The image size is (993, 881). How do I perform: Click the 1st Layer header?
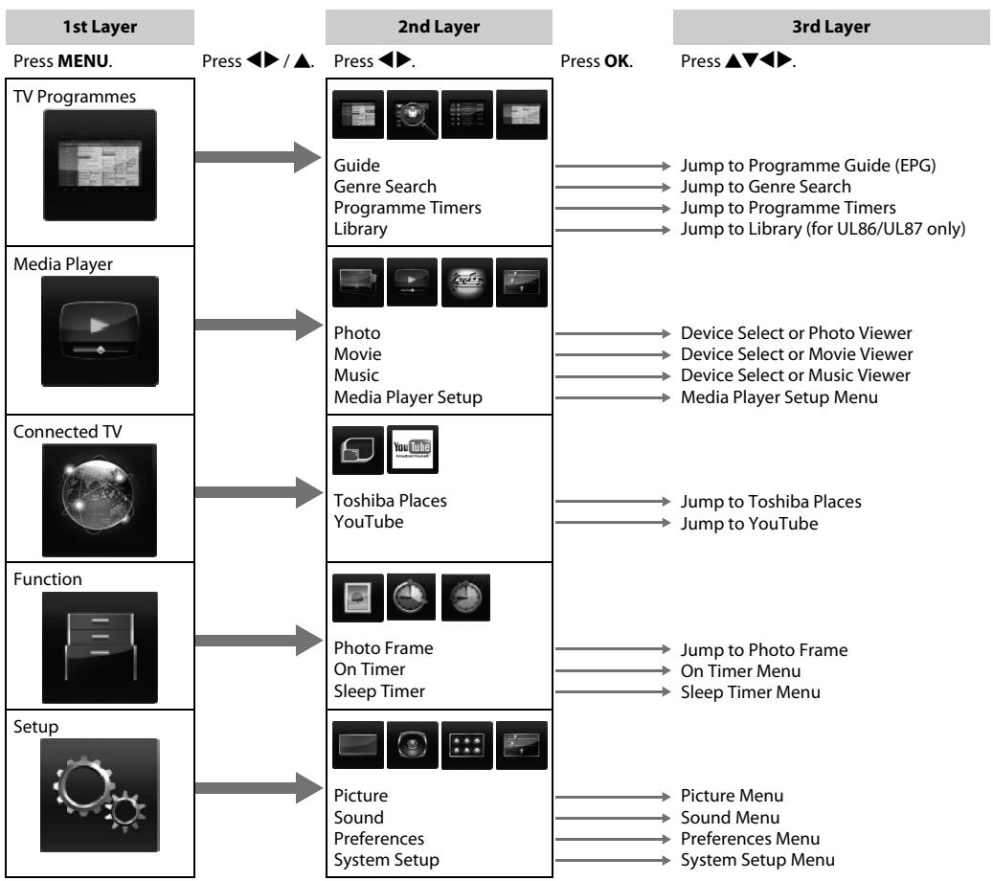pos(100,27)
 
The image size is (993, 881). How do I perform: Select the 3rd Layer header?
pos(831,27)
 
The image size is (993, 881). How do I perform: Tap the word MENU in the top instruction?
pos(83,60)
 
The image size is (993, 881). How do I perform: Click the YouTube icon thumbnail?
pos(413,450)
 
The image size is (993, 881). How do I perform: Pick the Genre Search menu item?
pos(385,186)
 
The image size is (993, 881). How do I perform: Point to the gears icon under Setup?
pos(100,795)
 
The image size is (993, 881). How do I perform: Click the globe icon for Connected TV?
pos(100,501)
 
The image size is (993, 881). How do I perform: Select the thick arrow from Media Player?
pos(259,325)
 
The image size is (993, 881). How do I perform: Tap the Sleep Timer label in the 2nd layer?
pos(379,691)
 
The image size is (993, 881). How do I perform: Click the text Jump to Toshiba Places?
pos(771,502)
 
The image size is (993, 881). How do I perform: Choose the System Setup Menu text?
pos(757,860)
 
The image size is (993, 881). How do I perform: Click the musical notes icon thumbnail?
pos(466,282)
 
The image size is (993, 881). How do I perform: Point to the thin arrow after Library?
pos(613,229)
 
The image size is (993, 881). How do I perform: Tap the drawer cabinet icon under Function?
pos(100,647)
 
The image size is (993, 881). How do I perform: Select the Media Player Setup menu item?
pos(408,397)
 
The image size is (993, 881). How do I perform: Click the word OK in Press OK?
pos(617,60)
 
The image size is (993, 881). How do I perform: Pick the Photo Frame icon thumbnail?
pos(358,598)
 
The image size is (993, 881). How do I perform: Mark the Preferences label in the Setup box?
pos(378,839)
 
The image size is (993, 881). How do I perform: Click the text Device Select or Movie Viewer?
pos(797,354)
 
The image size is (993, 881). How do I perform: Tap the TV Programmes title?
pos(75,97)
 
